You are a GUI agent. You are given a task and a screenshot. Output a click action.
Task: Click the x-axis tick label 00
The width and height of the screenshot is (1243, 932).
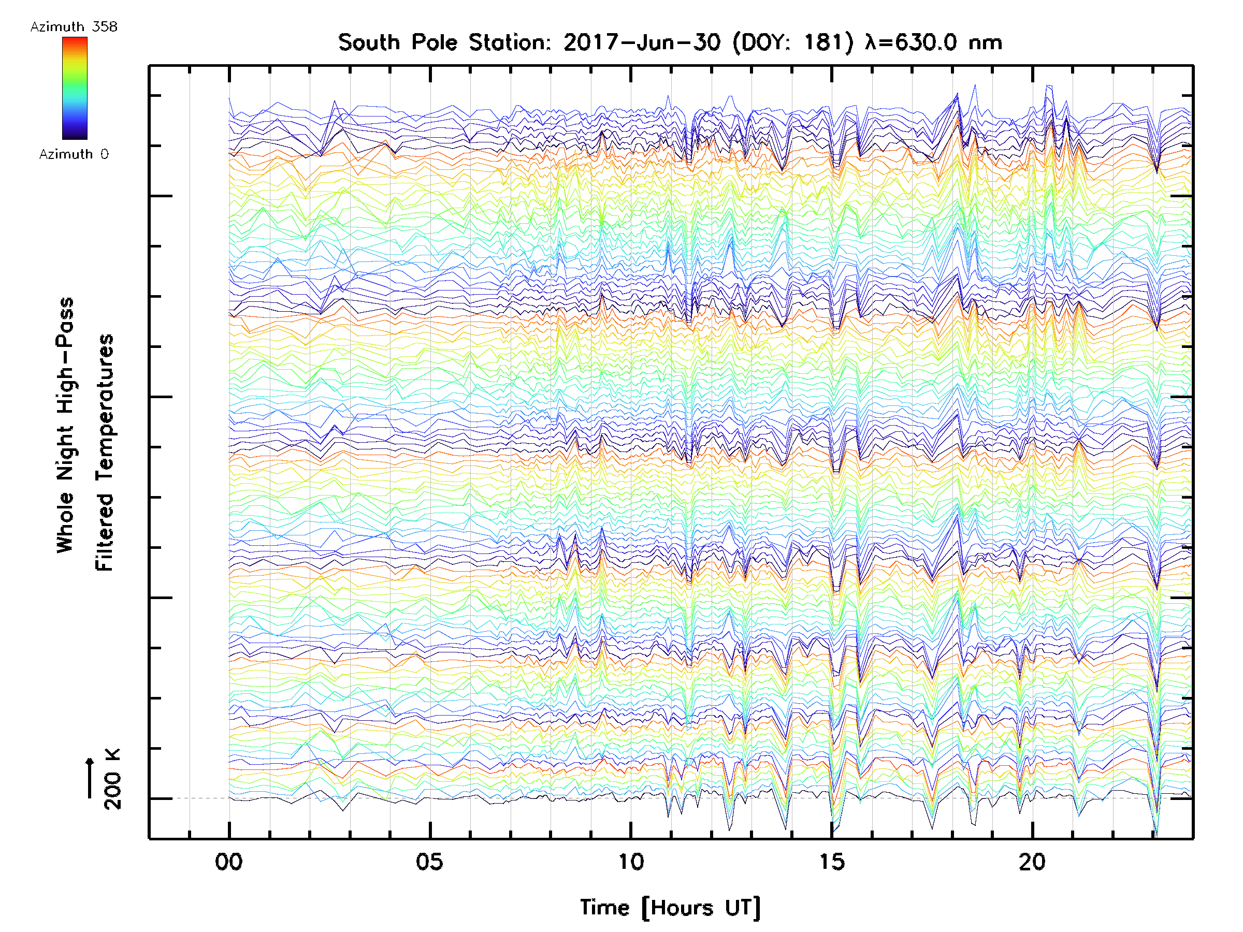pyautogui.click(x=229, y=862)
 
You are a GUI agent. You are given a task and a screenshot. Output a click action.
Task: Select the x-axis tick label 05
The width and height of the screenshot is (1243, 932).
pyautogui.click(x=430, y=862)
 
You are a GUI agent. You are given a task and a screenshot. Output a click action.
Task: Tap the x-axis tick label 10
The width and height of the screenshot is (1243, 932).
pyautogui.click(x=630, y=862)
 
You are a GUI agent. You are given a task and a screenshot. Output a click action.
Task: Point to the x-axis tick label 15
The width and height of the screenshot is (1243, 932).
pyautogui.click(x=832, y=862)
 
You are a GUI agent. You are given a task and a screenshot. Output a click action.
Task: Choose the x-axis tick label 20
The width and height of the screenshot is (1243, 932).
pyautogui.click(x=1032, y=862)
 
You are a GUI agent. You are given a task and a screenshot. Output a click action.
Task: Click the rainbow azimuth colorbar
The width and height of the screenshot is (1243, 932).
pyautogui.click(x=75, y=88)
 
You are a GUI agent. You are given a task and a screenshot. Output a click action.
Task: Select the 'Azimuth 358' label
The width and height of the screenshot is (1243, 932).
pyautogui.click(x=74, y=27)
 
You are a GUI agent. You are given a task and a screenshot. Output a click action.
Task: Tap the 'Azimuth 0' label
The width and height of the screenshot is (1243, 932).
pyautogui.click(x=74, y=154)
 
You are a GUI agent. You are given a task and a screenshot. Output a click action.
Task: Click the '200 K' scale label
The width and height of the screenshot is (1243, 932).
pyautogui.click(x=112, y=779)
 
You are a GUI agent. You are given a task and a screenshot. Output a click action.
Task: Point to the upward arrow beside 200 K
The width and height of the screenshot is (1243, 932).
pyautogui.click(x=90, y=778)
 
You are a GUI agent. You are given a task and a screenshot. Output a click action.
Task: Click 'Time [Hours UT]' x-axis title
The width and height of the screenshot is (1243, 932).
pyautogui.click(x=670, y=908)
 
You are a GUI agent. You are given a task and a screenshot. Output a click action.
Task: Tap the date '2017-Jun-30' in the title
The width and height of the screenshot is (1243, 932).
pyautogui.click(x=642, y=42)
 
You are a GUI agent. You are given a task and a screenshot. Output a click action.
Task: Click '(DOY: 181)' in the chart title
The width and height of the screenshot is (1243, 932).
pyautogui.click(x=793, y=42)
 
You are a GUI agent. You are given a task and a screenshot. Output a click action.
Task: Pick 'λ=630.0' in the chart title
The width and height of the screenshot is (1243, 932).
pyautogui.click(x=910, y=42)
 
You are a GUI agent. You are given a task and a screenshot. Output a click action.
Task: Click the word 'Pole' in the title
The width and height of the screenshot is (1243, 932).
pyautogui.click(x=435, y=42)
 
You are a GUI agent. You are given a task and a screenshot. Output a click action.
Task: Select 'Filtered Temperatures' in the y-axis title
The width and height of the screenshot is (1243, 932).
pyautogui.click(x=105, y=453)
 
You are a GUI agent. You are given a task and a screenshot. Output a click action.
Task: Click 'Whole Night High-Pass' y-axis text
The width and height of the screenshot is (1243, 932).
pyautogui.click(x=65, y=425)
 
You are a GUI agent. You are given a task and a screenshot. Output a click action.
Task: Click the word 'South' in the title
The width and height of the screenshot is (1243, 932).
pyautogui.click(x=369, y=42)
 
